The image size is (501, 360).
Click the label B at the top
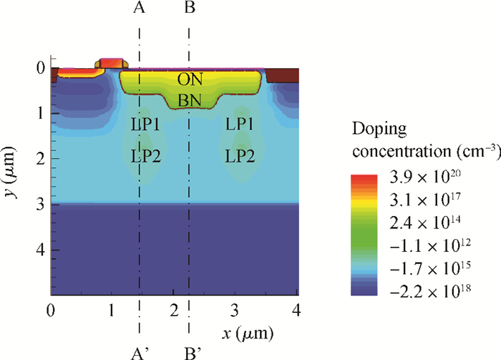coord(189,9)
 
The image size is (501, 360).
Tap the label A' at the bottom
coord(141,351)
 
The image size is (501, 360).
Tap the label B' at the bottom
coord(191,351)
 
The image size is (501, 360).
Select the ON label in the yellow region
coord(189,79)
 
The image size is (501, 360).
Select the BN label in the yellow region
coord(189,102)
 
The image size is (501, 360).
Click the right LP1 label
coord(240,124)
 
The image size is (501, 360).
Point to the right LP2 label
coord(240,155)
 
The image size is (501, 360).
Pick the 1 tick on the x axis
coord(111,311)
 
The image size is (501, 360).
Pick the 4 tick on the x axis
coord(296,311)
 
